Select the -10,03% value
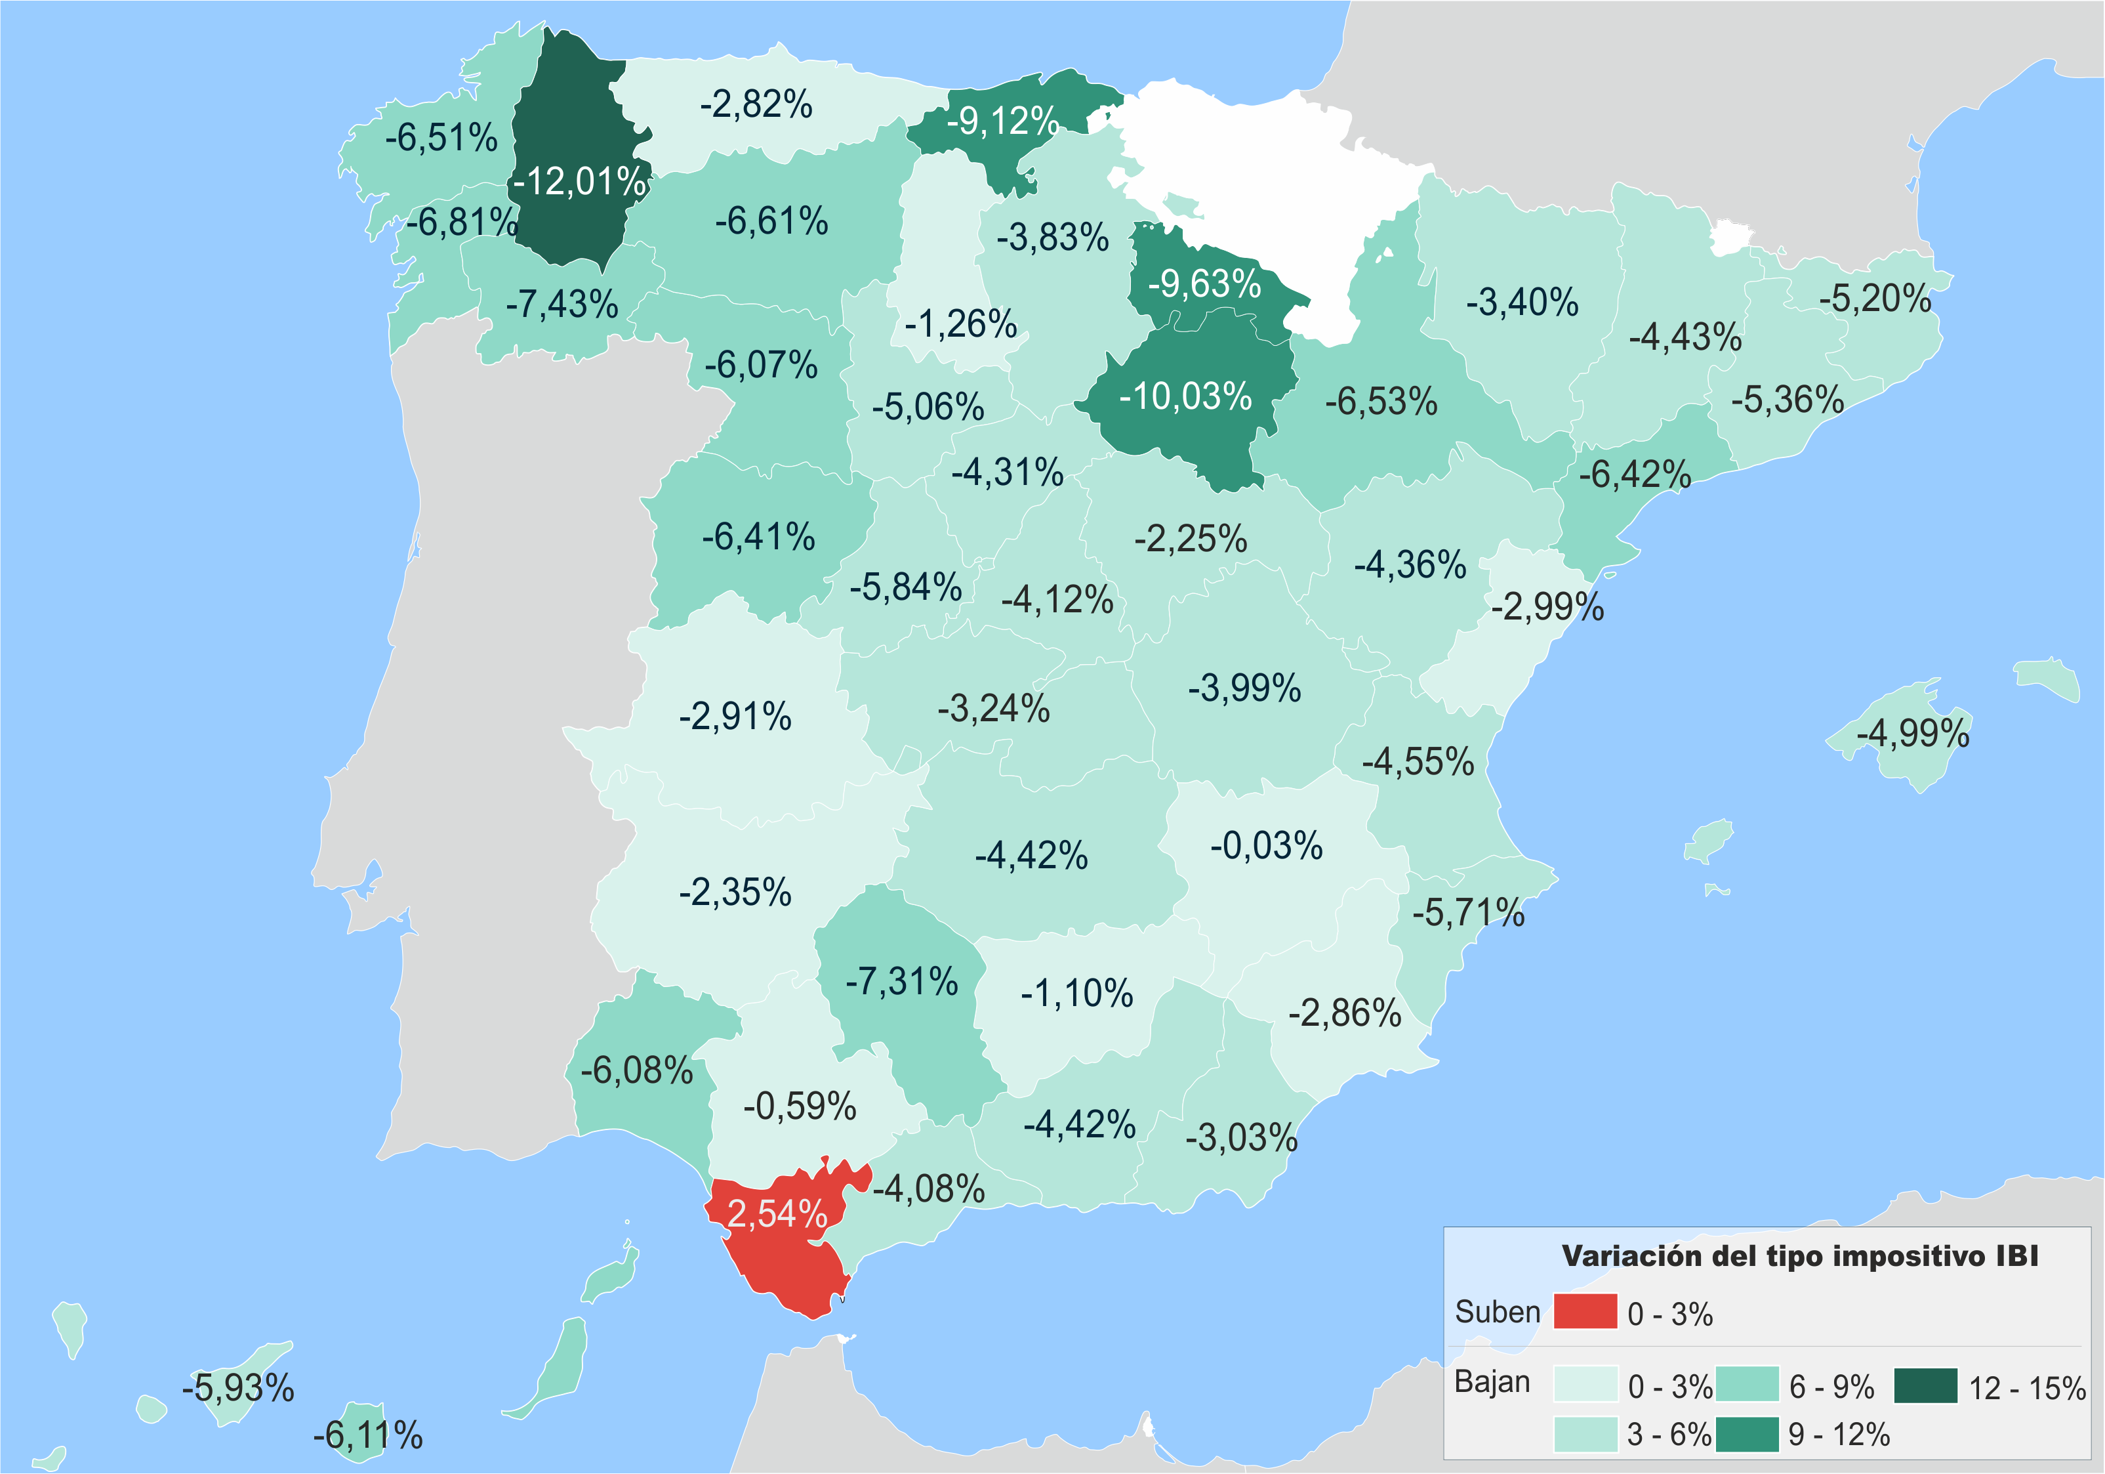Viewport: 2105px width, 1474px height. coord(1185,396)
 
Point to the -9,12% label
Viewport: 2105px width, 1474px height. coord(1003,120)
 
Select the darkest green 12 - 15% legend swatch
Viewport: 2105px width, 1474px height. coord(1925,1385)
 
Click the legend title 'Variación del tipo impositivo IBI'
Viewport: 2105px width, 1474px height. coord(1800,1255)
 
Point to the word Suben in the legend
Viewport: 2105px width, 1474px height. coord(1497,1312)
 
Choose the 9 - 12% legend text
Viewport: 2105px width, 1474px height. coord(1839,1434)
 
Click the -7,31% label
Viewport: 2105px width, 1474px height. coord(902,981)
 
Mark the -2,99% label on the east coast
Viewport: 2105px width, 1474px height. coord(1547,606)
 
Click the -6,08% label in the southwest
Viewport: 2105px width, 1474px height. coord(637,1070)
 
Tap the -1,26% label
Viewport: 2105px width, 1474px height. coord(961,324)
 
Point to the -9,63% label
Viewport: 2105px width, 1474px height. coord(1205,284)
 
